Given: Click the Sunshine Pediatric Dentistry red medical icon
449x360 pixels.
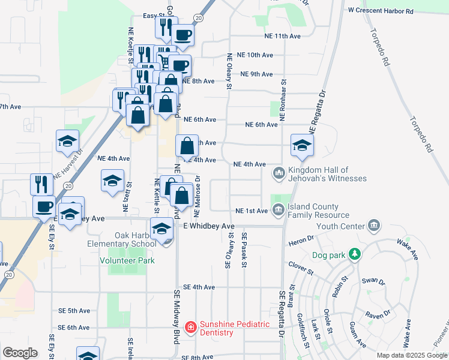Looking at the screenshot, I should coord(191,327).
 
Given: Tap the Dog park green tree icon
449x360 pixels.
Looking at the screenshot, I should coord(355,254).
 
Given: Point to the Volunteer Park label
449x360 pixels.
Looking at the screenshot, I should coord(127,260).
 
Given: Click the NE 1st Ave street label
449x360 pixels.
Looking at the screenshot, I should coord(252,211).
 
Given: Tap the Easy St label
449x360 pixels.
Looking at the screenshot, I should coord(154,16).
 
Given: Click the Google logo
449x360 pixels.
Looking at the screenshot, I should coord(20,353).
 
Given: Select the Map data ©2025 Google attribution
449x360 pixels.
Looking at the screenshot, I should coord(411,355).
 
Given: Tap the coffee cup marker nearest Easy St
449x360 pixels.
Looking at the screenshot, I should coord(184,34).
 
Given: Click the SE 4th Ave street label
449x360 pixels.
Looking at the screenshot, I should coord(200,287).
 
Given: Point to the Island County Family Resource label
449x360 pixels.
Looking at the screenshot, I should coord(318,211).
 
